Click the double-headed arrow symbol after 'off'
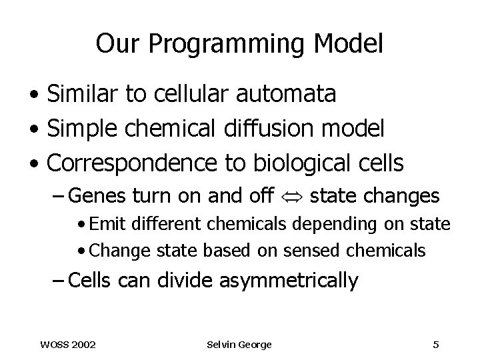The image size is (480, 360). click(x=293, y=197)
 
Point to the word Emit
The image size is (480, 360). click(x=105, y=225)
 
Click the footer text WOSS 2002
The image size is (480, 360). click(x=67, y=344)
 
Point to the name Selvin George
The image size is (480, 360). click(x=239, y=344)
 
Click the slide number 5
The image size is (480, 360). click(x=435, y=344)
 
